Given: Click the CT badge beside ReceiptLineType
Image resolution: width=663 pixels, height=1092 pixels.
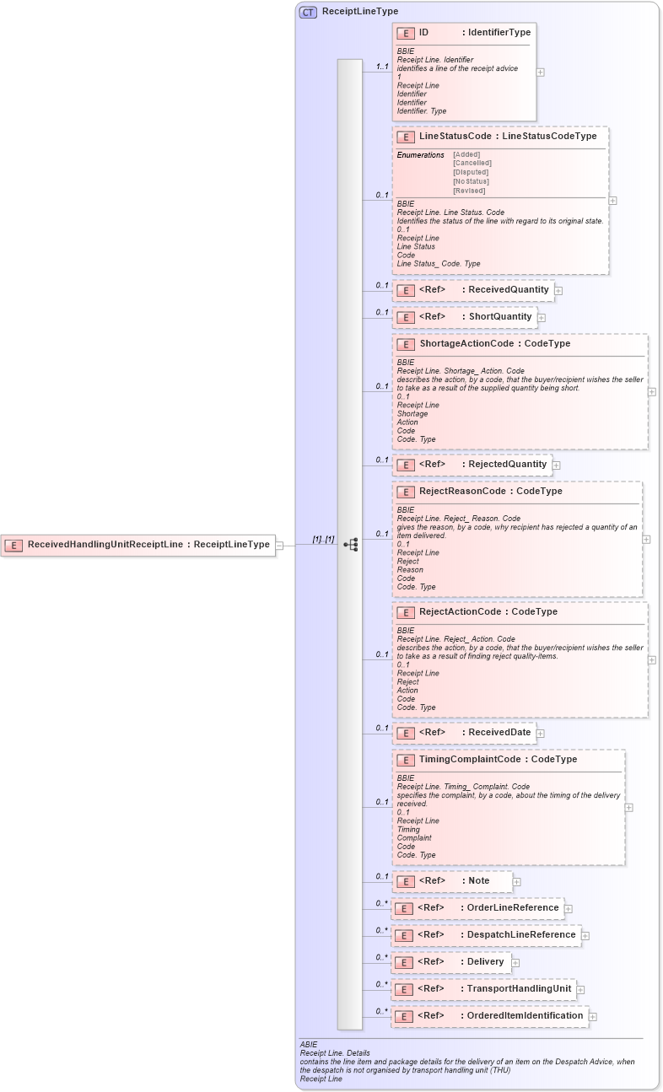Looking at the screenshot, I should (x=308, y=12).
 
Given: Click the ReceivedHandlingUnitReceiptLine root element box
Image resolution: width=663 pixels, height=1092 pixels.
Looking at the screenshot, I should (x=139, y=545).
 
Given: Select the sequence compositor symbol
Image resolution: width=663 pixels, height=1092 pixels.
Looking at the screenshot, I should (x=350, y=545).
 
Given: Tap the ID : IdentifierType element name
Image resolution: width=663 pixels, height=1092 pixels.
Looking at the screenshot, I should (x=474, y=33).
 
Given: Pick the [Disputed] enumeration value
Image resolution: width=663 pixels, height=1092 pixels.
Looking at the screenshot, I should (x=470, y=172).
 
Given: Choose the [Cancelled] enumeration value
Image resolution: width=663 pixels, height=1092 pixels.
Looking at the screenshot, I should (x=472, y=163).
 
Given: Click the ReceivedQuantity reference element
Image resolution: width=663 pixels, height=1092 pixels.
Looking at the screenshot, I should (x=475, y=290).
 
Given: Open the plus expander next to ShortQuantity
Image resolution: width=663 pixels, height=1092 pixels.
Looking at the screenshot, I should (x=542, y=318).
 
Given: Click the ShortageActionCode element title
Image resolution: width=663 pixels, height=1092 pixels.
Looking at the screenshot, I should (x=494, y=344).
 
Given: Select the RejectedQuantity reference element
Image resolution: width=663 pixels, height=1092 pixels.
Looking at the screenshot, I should (x=474, y=465).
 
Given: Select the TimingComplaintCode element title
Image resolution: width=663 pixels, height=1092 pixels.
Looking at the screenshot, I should (x=498, y=760).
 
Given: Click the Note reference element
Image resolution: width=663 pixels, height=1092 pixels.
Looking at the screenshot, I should (x=453, y=881).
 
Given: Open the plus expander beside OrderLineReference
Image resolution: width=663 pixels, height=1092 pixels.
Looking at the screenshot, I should (x=569, y=909).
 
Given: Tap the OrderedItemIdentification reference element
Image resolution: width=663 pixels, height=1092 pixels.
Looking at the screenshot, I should (x=490, y=1016).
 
